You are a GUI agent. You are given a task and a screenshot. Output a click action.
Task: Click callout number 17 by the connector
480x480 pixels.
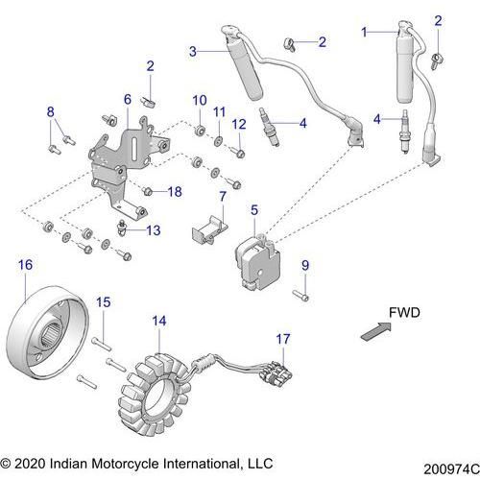[x=281, y=339]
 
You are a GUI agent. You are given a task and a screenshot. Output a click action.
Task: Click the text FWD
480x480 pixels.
[x=402, y=313]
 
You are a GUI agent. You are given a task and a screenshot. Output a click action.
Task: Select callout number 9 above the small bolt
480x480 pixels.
[x=305, y=265]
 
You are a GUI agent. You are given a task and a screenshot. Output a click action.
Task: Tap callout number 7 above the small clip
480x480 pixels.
[x=222, y=197]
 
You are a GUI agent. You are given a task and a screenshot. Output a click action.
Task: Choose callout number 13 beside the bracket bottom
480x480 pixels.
[x=154, y=229]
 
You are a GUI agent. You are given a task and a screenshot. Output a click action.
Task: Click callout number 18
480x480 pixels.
[x=174, y=191]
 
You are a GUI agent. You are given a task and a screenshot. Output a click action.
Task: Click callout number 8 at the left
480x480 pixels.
[x=51, y=113]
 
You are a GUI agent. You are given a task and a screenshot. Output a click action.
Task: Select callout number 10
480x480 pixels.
[x=200, y=100]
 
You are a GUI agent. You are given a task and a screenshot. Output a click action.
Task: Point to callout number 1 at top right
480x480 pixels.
[x=364, y=32]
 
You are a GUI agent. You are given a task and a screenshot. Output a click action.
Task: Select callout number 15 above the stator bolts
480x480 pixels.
[x=104, y=302]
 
